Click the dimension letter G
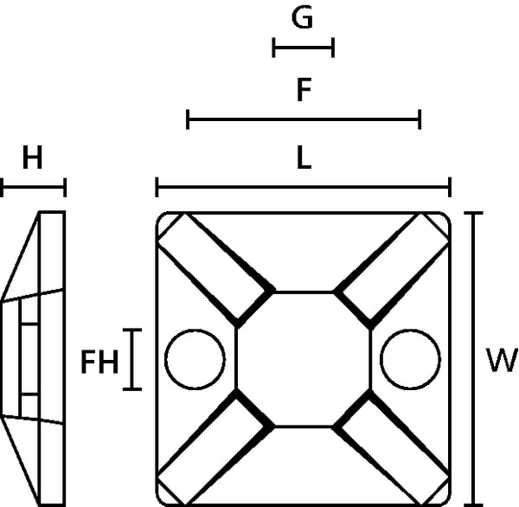coord(302,17)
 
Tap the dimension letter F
coord(304,90)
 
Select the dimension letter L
coord(304,158)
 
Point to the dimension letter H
coord(33,158)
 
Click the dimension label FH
coord(99,362)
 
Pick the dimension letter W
coord(502,360)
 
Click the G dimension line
coord(304,48)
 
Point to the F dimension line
coord(304,119)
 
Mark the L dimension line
coord(304,187)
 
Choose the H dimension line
coord(33,188)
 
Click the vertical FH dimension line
coord(132,360)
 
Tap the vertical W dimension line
coord(474,359)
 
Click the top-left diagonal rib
coord(216,270)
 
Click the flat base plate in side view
coord(52,359)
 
